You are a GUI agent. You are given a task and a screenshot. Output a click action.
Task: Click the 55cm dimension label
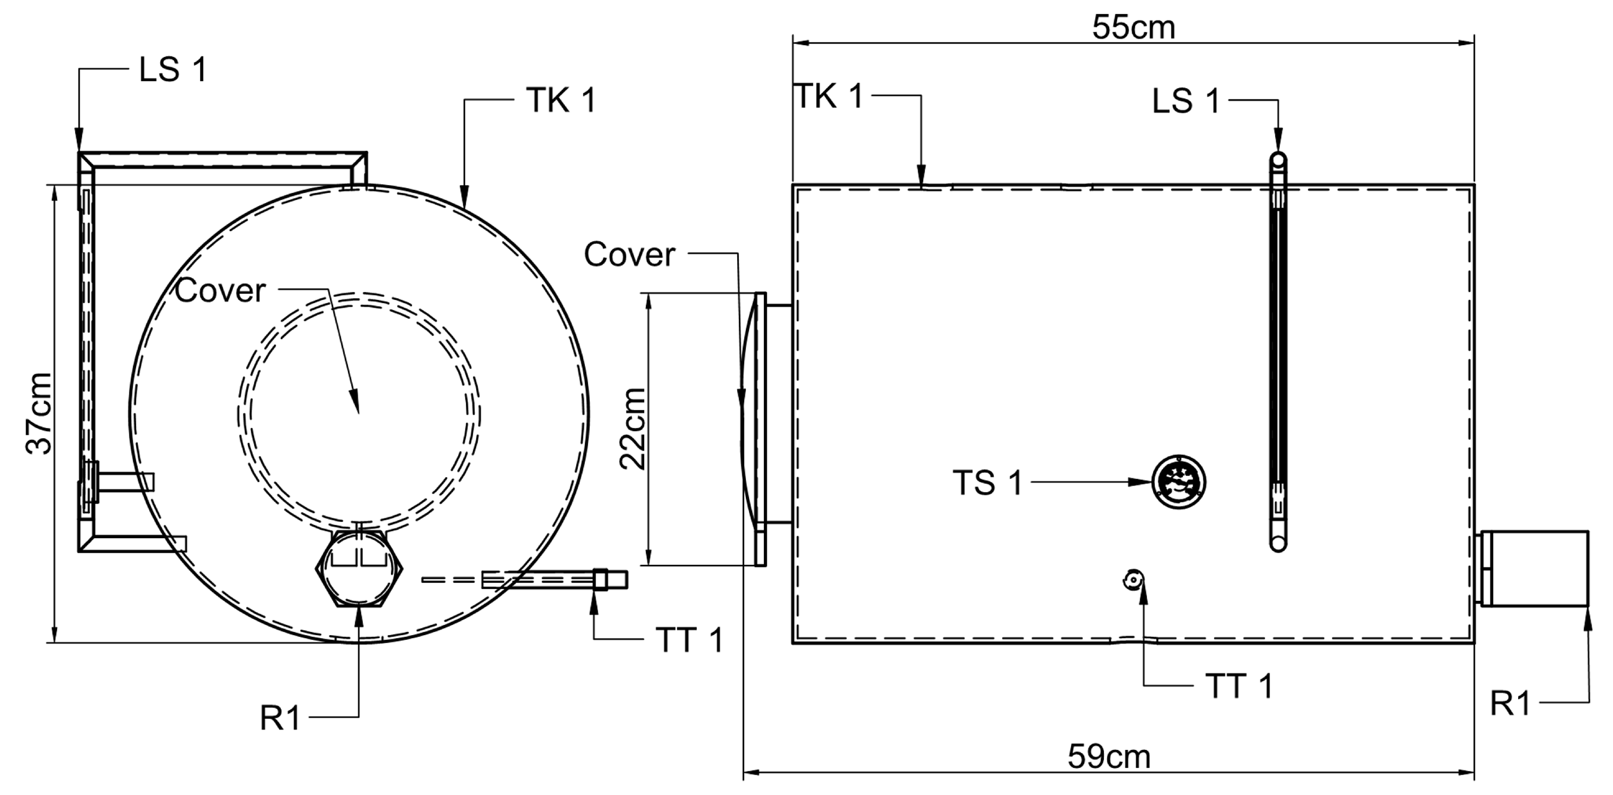[x=1133, y=28]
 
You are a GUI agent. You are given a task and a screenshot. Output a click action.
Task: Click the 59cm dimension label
[x=1109, y=757]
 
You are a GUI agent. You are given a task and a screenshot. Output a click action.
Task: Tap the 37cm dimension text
[x=39, y=413]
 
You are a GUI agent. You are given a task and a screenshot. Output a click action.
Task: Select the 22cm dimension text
[x=632, y=428]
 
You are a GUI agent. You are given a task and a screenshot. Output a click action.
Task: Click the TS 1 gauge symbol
[x=1179, y=482]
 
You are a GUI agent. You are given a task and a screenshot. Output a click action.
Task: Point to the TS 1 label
[x=988, y=483]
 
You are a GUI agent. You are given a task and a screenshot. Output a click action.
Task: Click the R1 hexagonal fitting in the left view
[x=359, y=568]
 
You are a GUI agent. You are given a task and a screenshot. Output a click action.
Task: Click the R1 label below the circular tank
[x=281, y=719]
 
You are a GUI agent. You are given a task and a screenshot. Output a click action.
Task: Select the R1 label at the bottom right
[x=1510, y=704]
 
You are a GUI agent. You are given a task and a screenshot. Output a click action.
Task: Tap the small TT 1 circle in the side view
[x=1133, y=580]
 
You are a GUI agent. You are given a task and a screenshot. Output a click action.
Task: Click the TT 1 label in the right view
[x=1239, y=687]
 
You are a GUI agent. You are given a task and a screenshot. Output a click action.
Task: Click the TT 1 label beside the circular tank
[x=689, y=640]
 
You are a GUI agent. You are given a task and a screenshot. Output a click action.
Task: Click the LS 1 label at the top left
[x=173, y=69]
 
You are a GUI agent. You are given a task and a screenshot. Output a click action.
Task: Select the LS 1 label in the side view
[x=1186, y=102]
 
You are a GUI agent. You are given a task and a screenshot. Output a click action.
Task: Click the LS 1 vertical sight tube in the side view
[x=1278, y=351]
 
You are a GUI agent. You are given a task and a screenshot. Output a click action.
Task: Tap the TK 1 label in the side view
[x=830, y=97]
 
